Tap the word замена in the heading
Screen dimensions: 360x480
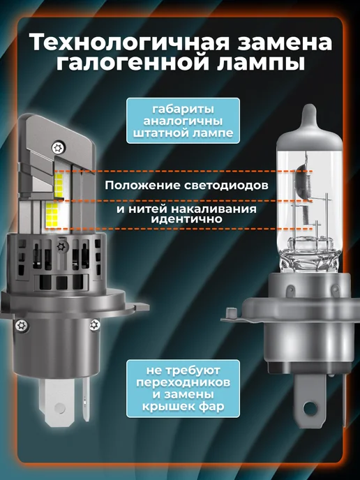(x=285, y=43)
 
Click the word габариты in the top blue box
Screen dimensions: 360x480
(x=183, y=110)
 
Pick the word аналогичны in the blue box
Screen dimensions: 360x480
(x=183, y=121)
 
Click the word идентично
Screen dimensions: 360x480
(x=186, y=219)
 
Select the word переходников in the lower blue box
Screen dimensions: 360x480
(x=183, y=382)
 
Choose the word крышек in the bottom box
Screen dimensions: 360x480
(x=165, y=407)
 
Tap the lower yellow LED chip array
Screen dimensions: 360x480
(x=52, y=215)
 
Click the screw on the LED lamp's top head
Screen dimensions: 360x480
(x=57, y=149)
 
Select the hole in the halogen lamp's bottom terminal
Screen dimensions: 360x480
(x=310, y=408)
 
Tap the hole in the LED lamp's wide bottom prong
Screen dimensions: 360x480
(x=59, y=407)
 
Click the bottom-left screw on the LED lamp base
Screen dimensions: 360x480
(x=22, y=325)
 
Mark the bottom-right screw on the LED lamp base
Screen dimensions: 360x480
(x=95, y=324)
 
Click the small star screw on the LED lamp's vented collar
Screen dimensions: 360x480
(x=61, y=246)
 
